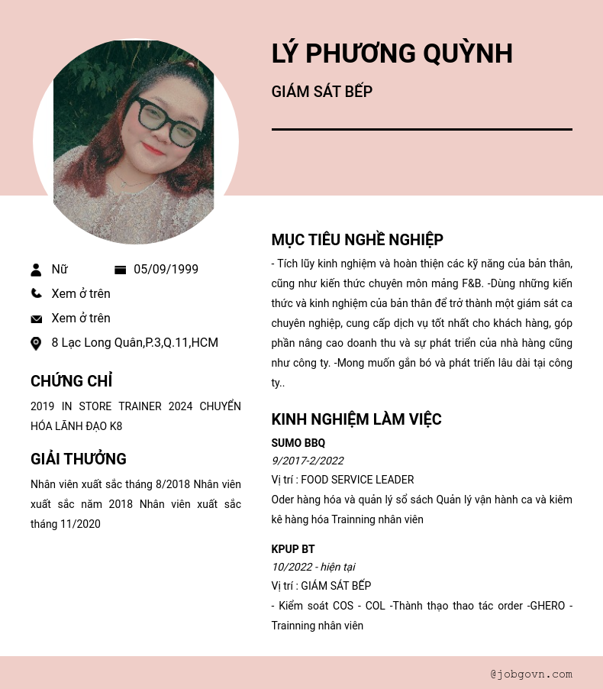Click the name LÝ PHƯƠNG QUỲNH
tap(392, 54)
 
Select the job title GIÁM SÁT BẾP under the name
tap(321, 92)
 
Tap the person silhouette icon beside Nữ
tap(36, 270)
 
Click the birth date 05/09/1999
tap(166, 270)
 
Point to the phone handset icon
tap(36, 293)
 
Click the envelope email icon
tap(36, 319)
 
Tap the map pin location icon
tap(36, 344)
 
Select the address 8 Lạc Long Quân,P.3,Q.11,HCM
tap(134, 343)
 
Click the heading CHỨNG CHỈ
tap(71, 381)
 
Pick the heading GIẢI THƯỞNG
tap(79, 459)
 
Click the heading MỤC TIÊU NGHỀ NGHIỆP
tap(357, 240)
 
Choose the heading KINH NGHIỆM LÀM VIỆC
tap(356, 419)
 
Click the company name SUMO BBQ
tap(298, 443)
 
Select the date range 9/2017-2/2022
tap(307, 461)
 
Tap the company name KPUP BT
tap(293, 549)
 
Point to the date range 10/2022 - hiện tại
tap(313, 567)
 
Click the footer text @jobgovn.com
tap(531, 674)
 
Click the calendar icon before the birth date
tap(120, 270)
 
